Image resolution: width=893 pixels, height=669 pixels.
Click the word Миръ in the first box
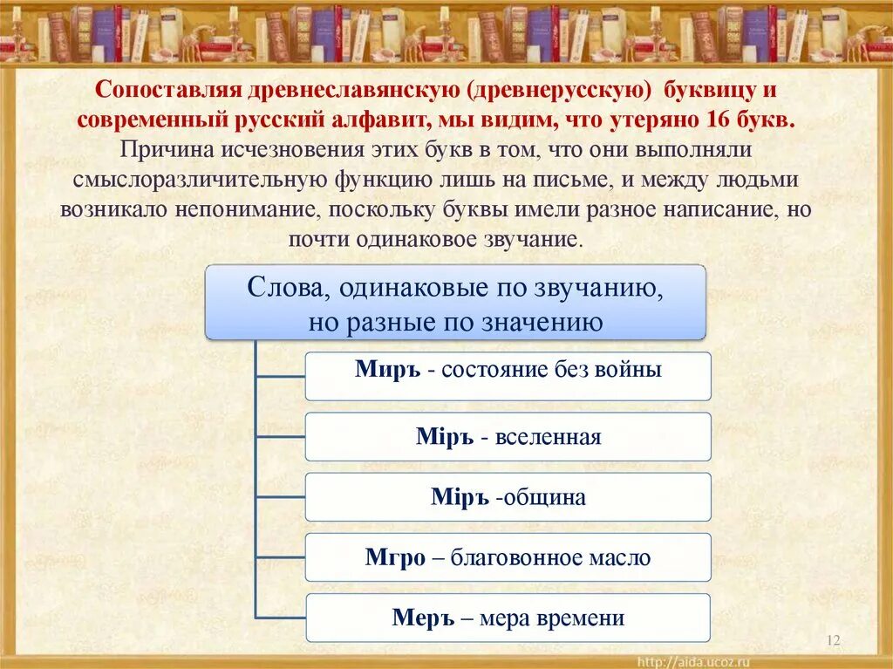389,369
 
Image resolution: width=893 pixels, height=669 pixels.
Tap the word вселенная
548,437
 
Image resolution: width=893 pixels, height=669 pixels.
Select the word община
544,498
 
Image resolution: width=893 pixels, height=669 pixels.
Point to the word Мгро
395,558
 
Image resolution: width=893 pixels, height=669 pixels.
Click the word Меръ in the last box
425,618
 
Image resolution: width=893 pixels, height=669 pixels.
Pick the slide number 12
832,642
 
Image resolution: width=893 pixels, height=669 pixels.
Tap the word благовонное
517,558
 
